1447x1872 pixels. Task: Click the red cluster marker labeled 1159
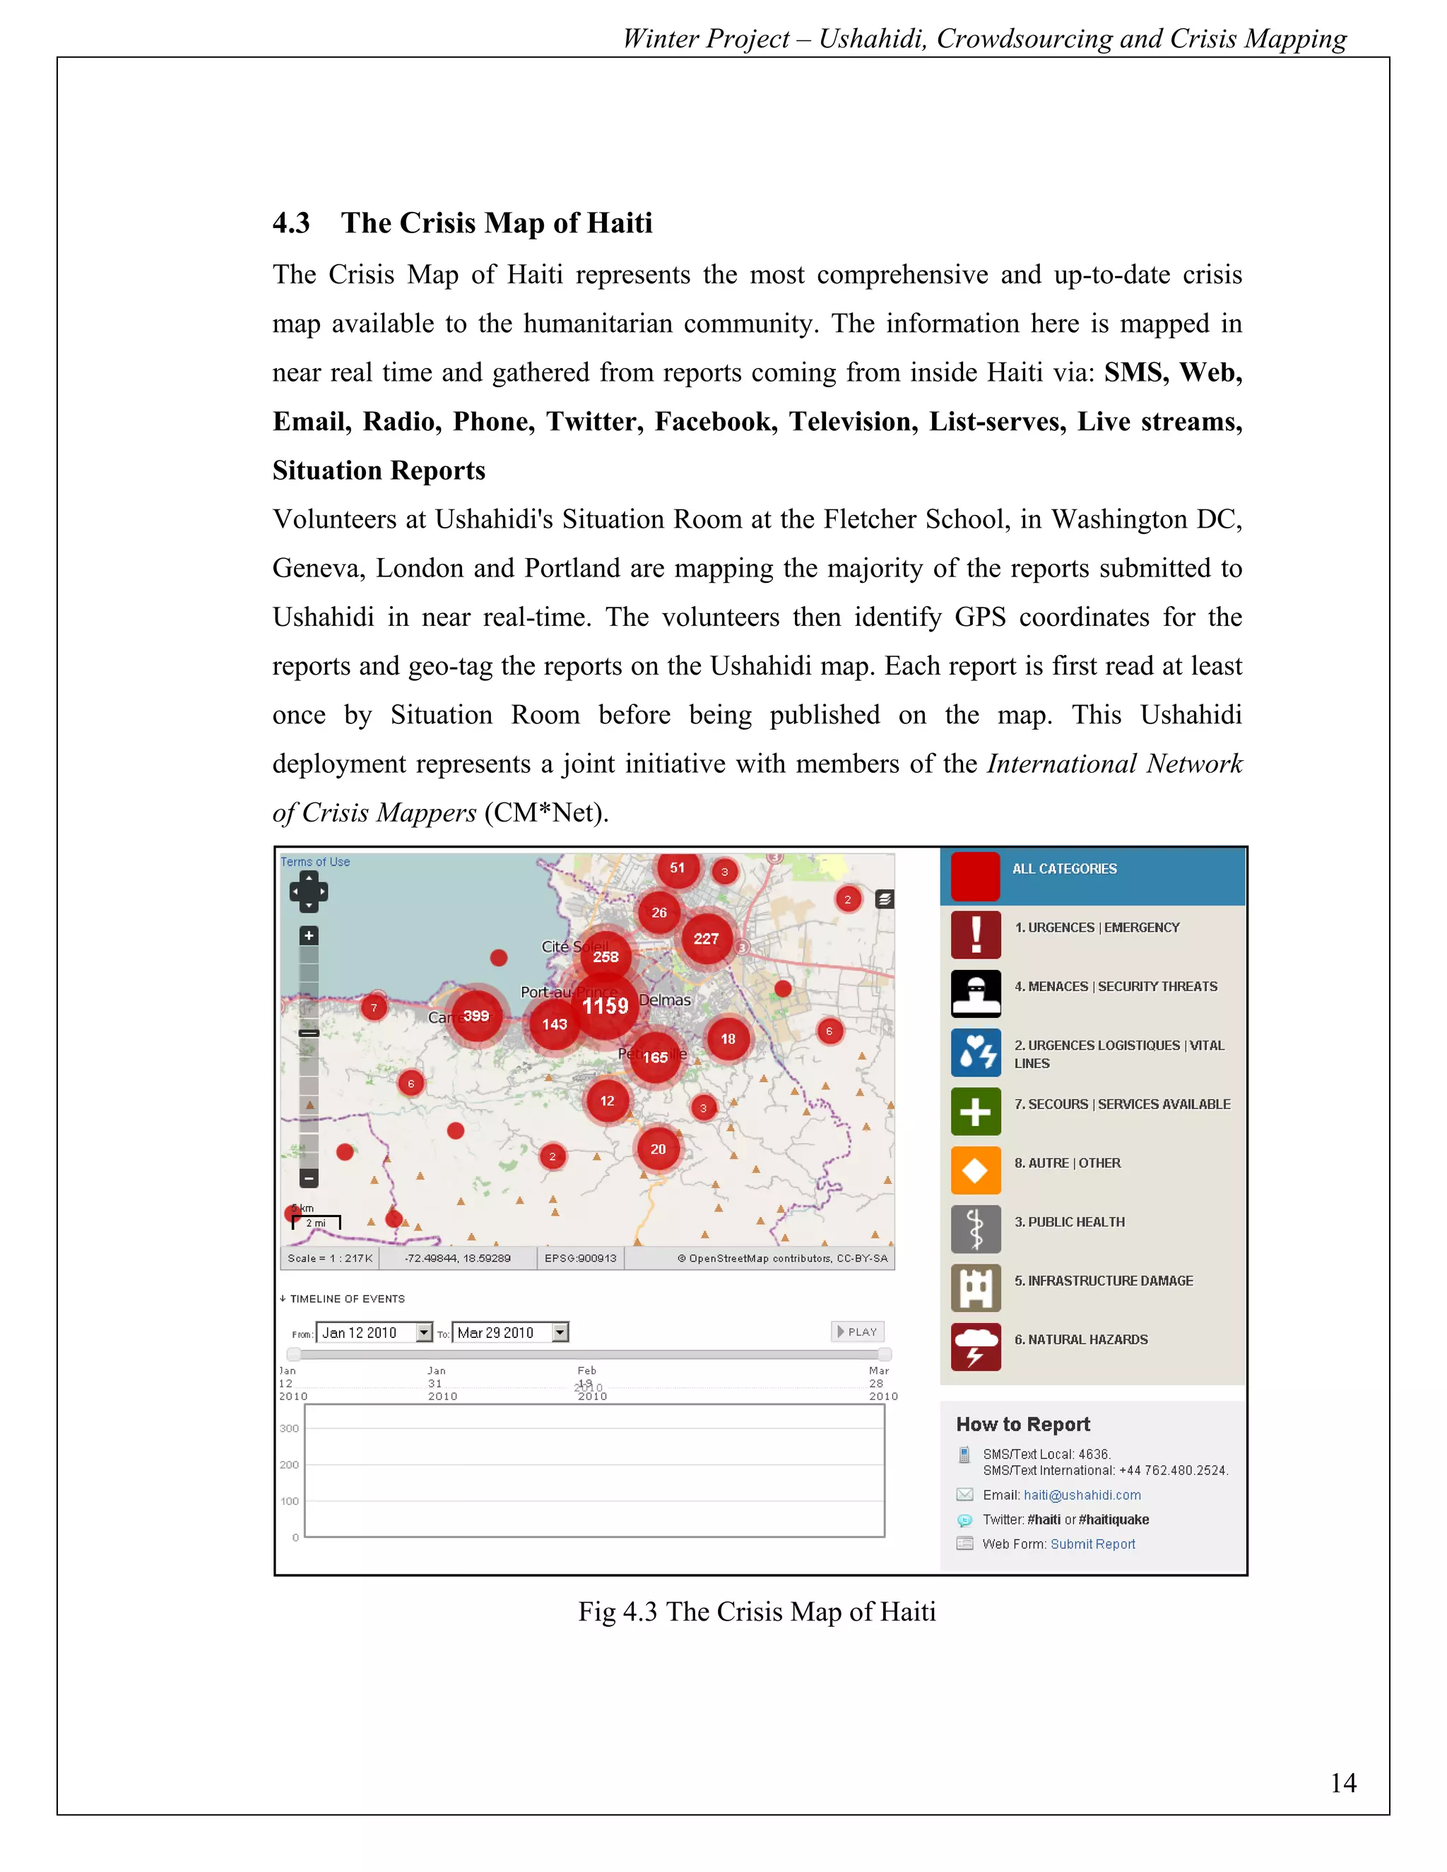[x=606, y=1005]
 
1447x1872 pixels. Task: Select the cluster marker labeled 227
[x=707, y=939]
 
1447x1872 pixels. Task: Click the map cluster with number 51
[x=677, y=867]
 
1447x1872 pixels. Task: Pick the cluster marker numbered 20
[x=658, y=1149]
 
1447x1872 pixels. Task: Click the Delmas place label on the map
[x=664, y=1000]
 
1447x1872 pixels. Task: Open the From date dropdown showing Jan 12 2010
[x=423, y=1332]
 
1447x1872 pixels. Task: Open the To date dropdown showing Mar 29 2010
[x=560, y=1332]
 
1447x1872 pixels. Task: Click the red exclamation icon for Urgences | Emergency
[x=976, y=935]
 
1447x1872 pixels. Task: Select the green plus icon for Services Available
[x=976, y=1112]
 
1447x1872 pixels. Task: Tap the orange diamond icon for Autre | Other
[x=976, y=1170]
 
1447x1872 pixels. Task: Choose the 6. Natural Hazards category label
[x=1080, y=1339]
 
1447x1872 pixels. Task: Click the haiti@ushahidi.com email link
[x=1082, y=1495]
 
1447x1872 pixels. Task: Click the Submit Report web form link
[x=1092, y=1544]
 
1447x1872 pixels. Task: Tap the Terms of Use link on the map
[x=314, y=863]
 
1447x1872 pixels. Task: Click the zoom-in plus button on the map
[x=309, y=935]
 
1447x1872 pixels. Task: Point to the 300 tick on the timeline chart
[x=289, y=1429]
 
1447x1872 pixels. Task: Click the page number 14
[x=1342, y=1783]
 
